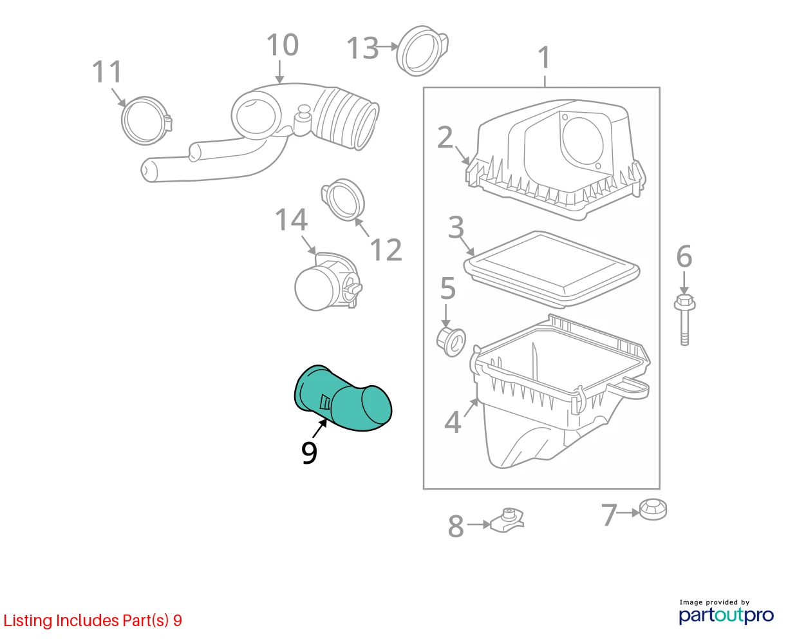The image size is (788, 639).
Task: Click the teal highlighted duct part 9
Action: click(342, 400)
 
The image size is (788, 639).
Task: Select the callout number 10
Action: click(282, 45)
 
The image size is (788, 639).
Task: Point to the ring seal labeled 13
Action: click(422, 51)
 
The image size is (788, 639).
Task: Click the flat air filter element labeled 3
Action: click(551, 269)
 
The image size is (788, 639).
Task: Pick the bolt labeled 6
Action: click(684, 319)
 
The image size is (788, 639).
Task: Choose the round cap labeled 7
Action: click(653, 510)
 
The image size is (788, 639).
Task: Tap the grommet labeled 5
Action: click(451, 342)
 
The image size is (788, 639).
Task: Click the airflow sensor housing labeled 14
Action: click(328, 282)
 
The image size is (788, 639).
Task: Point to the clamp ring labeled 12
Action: click(342, 200)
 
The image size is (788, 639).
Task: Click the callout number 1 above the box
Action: click(544, 57)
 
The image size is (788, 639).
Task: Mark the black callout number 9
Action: click(309, 452)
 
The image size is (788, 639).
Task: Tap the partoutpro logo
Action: click(726, 616)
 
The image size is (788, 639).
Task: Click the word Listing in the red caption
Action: click(28, 621)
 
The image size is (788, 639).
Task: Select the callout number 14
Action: click(291, 220)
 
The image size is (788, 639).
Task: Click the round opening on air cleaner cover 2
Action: click(582, 142)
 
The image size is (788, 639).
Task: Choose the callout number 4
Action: click(453, 422)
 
